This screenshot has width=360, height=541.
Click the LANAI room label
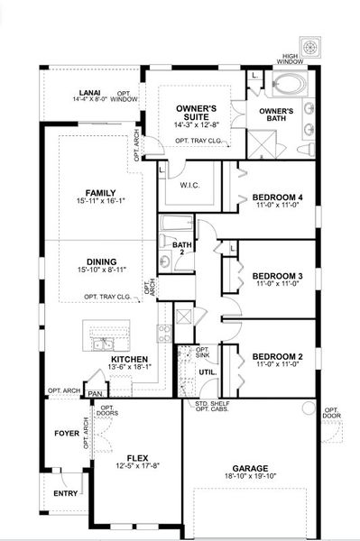[x=89, y=91]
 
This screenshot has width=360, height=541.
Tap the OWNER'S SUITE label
[x=196, y=113]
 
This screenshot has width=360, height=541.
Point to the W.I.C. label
[x=189, y=187]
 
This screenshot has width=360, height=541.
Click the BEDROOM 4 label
[x=277, y=197]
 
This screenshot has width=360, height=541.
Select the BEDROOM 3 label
[x=277, y=275]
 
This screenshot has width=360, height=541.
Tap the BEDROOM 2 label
[x=277, y=355]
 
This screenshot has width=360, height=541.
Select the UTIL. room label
[x=207, y=371]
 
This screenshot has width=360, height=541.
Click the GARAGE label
[x=250, y=468]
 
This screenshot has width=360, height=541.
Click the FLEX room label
[x=137, y=456]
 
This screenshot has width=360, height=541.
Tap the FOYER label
[x=68, y=432]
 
